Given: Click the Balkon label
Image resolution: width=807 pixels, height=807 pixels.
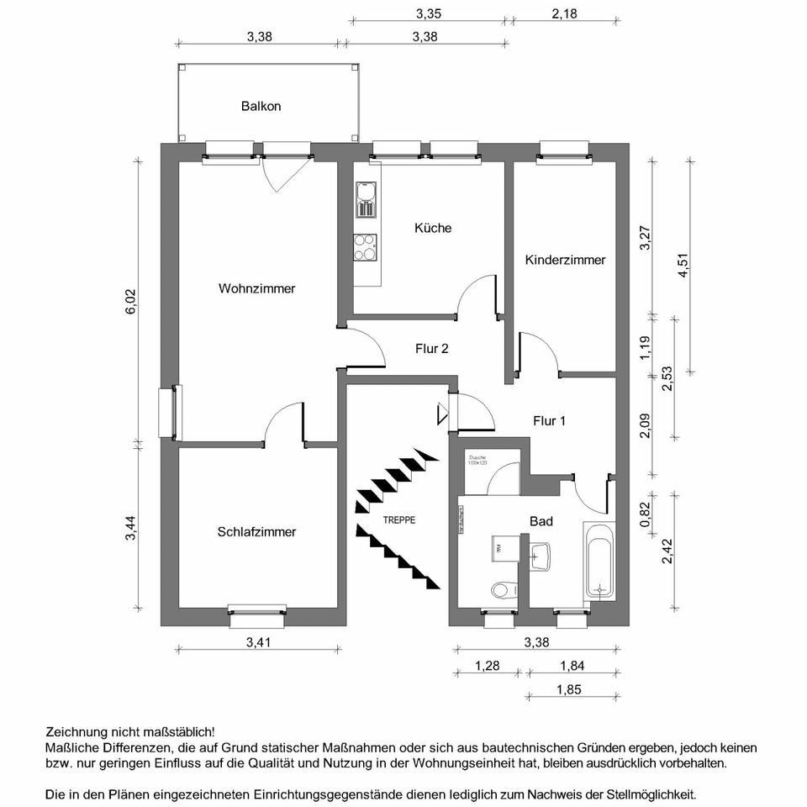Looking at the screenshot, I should pyautogui.click(x=261, y=107).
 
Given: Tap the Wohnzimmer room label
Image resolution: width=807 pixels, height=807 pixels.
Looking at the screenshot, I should pyautogui.click(x=256, y=288).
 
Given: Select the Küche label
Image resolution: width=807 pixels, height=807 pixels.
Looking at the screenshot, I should pyautogui.click(x=433, y=228).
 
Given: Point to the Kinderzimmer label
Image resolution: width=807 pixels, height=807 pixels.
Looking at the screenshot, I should pyautogui.click(x=565, y=260).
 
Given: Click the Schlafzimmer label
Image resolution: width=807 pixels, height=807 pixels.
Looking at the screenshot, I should pyautogui.click(x=256, y=531).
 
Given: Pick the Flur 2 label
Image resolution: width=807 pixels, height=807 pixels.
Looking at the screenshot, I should pyautogui.click(x=431, y=348).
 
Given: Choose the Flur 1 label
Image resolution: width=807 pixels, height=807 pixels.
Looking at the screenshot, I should pyautogui.click(x=549, y=420).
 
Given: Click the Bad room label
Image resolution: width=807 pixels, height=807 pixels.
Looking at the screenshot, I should pyautogui.click(x=541, y=521).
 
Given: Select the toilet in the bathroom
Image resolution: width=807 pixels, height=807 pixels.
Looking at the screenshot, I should pyautogui.click(x=503, y=589).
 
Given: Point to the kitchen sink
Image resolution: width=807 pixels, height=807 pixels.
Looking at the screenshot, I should pyautogui.click(x=365, y=199).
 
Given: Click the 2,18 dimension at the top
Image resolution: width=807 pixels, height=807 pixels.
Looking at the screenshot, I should pyautogui.click(x=565, y=13).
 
